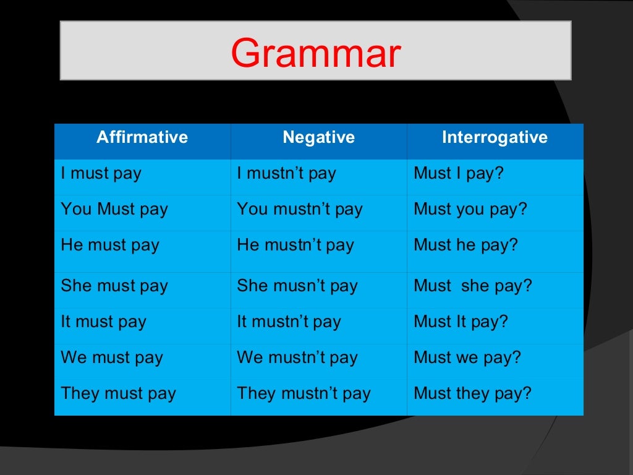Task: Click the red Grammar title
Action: point(316,53)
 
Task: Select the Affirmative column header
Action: point(142,137)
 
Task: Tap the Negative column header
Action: point(319,137)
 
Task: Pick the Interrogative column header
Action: point(495,137)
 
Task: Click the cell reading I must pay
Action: point(101,174)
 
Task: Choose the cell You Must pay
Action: point(114,210)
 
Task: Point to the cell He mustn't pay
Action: point(295,246)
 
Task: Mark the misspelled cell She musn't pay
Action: point(297,286)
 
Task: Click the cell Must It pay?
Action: point(461,322)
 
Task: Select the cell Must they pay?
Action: point(473,394)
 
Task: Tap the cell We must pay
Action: point(112,358)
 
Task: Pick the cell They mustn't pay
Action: point(304,394)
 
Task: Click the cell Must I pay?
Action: point(459,174)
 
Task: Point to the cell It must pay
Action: point(104,322)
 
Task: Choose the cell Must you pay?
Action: point(470,210)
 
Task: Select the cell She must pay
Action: point(114,286)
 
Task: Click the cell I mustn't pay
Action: point(287,174)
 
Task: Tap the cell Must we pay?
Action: point(468,358)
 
